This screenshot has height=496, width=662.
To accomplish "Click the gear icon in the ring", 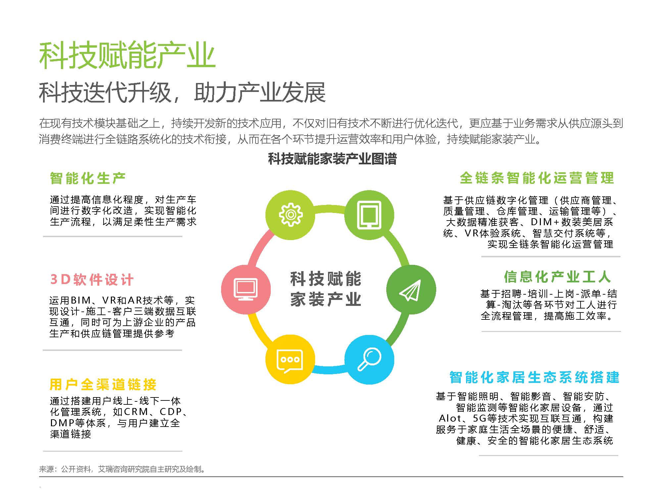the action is point(291,215).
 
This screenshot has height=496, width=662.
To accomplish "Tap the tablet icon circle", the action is point(369,215).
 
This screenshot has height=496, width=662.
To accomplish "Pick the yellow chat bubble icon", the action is point(290,359).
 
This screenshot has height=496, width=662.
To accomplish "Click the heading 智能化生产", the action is point(88,178).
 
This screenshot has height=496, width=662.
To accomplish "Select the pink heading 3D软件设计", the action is point(92,280).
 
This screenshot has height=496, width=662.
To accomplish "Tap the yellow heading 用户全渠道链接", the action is point(103,385).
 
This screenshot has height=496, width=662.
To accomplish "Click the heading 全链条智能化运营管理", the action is point(537,178).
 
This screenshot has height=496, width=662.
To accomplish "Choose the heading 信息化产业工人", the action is point(557,277).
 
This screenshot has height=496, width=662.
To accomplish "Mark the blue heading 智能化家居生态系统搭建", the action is point(534,377).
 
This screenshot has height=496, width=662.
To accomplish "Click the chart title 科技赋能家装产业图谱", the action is point(332,159).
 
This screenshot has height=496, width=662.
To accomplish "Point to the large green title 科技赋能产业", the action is point(127,55).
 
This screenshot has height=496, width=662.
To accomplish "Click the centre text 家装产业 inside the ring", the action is point(326,300).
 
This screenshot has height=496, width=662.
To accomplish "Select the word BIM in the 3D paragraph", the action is point(80,300).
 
